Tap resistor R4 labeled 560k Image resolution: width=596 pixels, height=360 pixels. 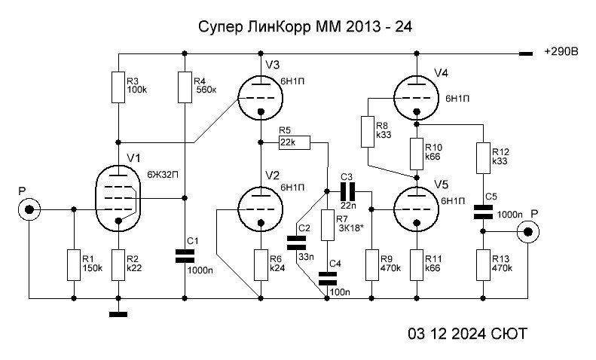185,87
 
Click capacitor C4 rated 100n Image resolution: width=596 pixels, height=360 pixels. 327,279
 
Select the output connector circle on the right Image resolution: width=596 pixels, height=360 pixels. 533,232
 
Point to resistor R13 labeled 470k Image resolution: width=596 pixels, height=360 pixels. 482,266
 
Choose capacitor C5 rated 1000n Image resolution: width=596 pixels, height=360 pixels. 482,213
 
